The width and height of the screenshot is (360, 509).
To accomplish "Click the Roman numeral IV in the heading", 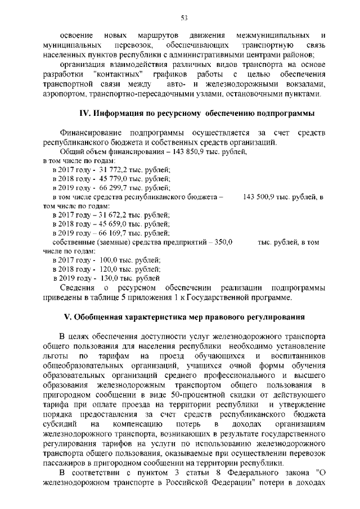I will click(84, 112).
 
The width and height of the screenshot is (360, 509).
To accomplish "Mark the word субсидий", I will click(58, 422).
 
